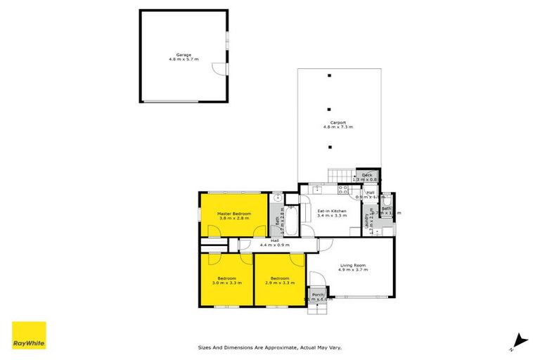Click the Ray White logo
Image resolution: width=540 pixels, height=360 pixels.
coord(29,335)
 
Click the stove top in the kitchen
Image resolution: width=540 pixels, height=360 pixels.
coord(344,189)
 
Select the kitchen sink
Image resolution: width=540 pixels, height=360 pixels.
coord(317,189)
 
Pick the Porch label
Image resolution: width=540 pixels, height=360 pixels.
coord(318,295)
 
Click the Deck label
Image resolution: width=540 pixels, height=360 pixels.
coord(367,175)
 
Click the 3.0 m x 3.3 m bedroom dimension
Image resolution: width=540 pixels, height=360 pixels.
coord(227,283)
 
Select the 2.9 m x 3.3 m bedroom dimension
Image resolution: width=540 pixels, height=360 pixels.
coord(279,283)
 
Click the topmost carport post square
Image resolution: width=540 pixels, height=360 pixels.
coord(329,75)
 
